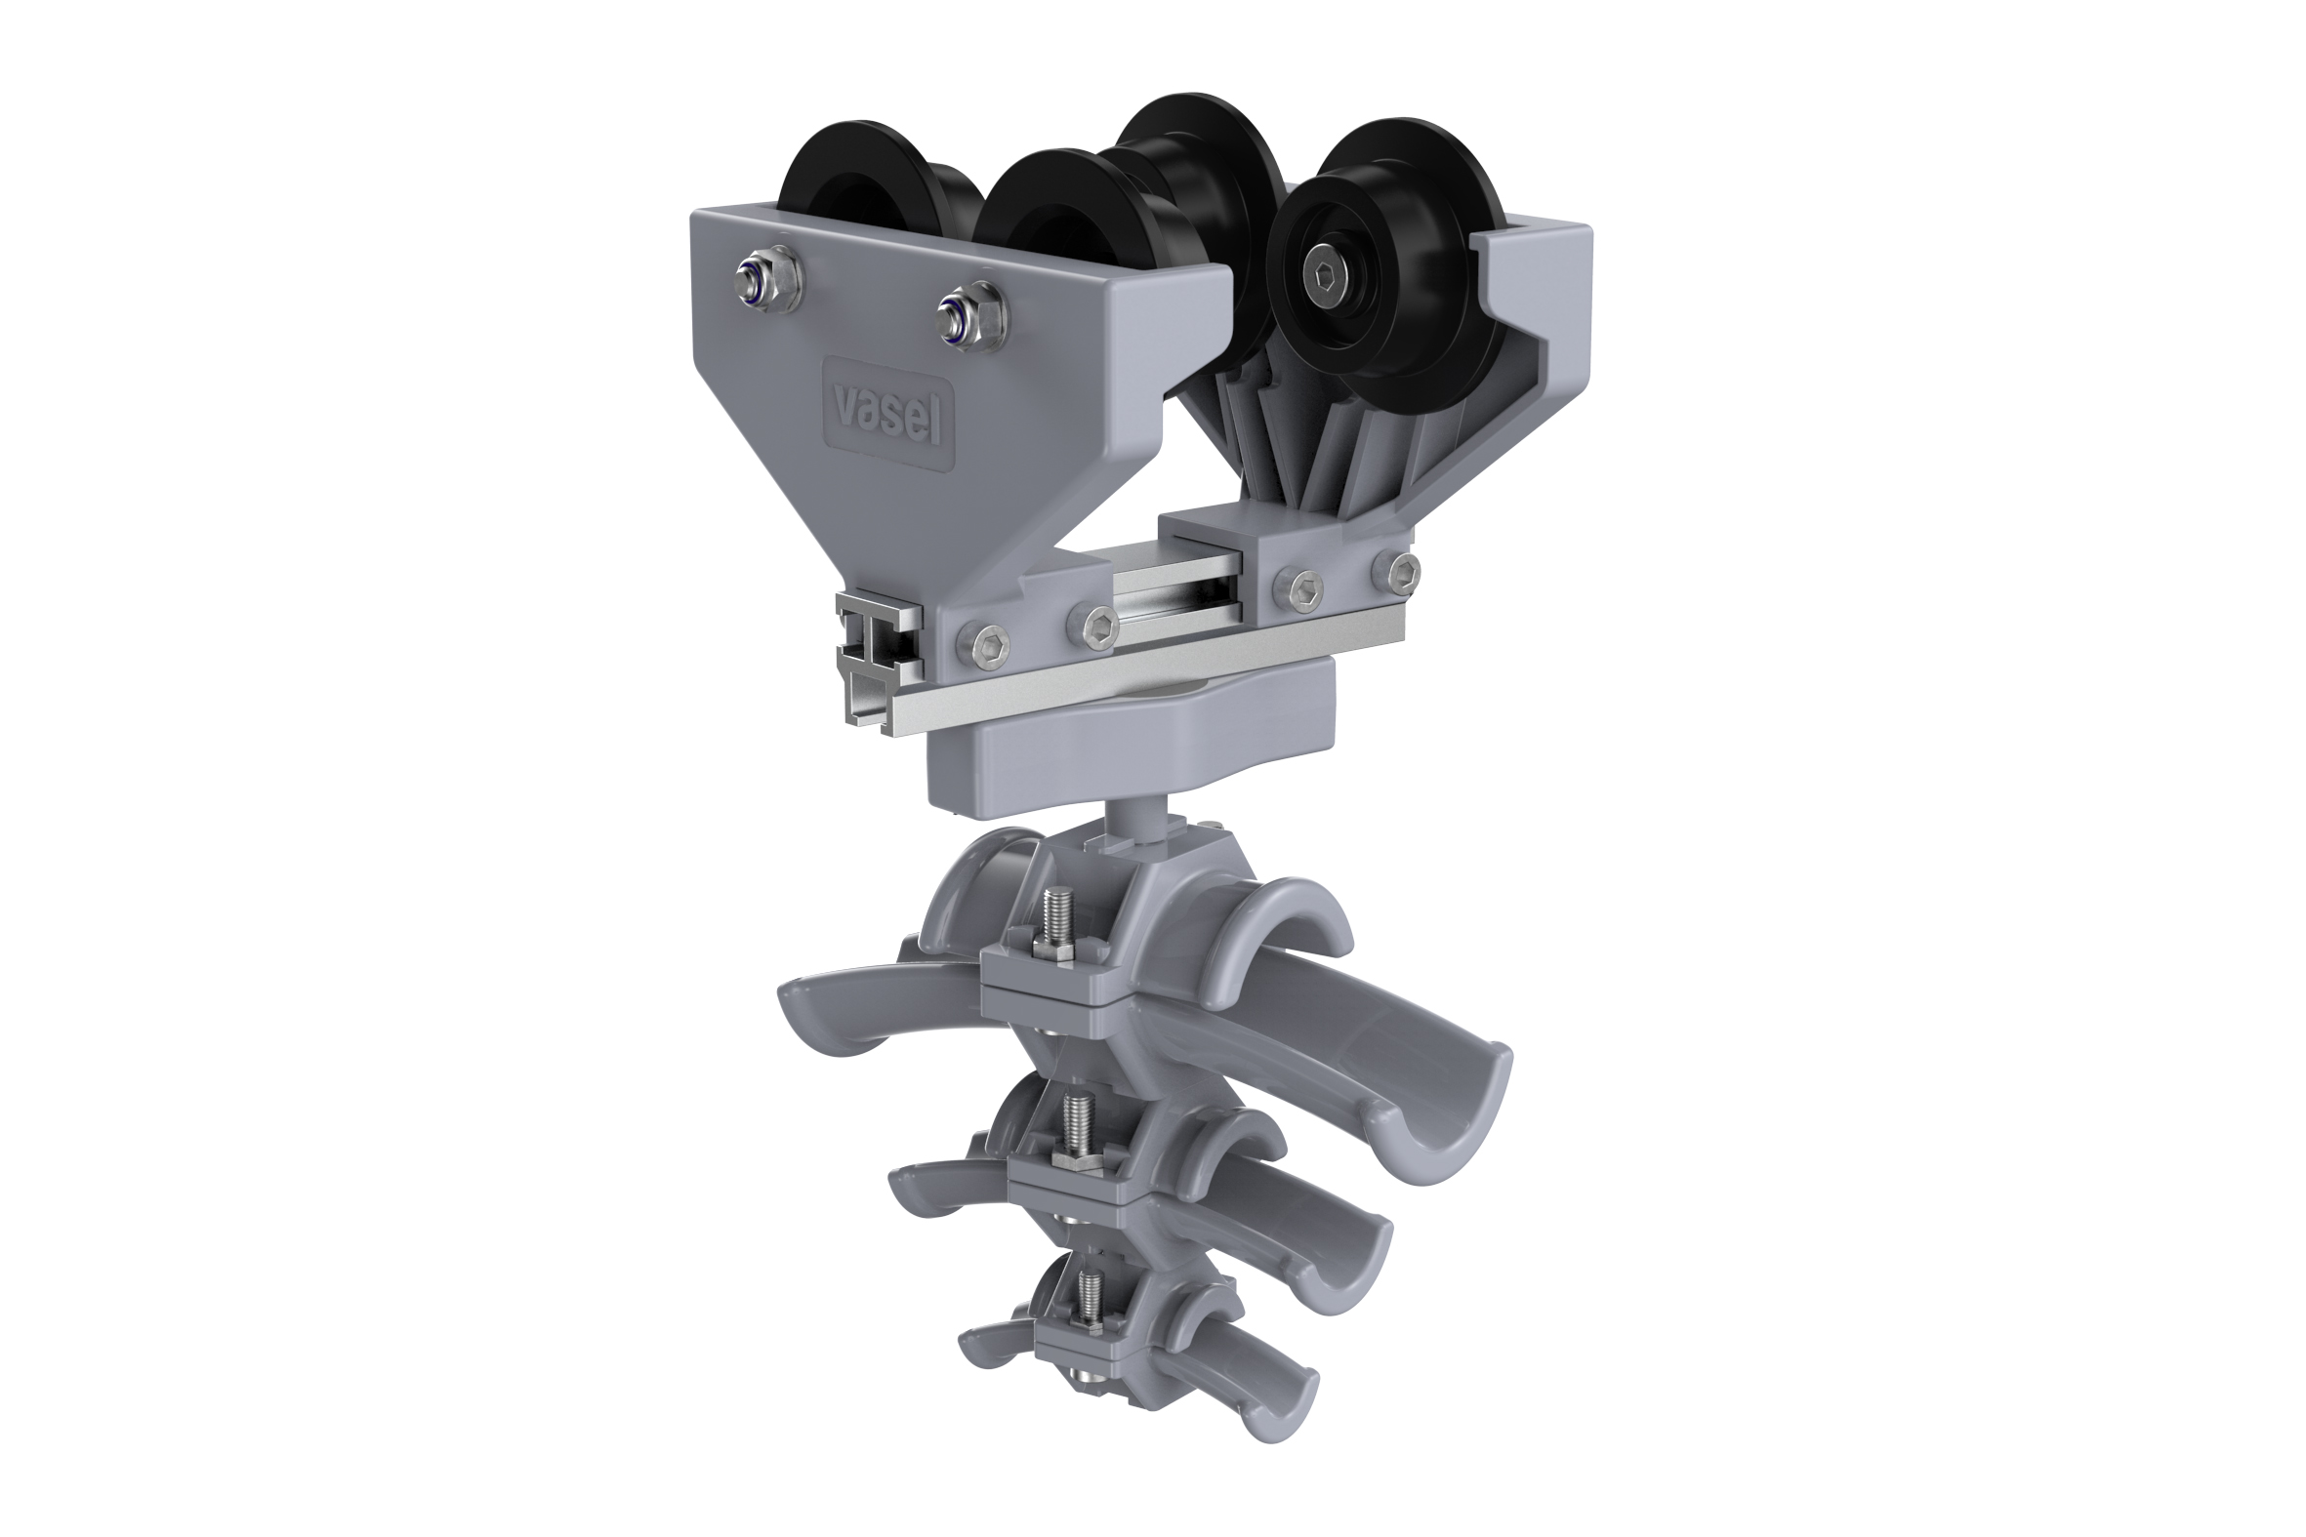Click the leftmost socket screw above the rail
(x=980, y=645)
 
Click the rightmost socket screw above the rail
(x=1396, y=570)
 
